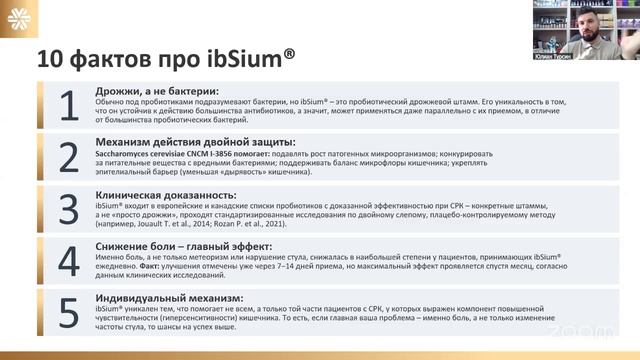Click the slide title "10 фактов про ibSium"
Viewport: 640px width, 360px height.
[x=166, y=59]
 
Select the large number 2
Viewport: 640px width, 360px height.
[x=69, y=157]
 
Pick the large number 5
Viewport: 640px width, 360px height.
[x=69, y=313]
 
